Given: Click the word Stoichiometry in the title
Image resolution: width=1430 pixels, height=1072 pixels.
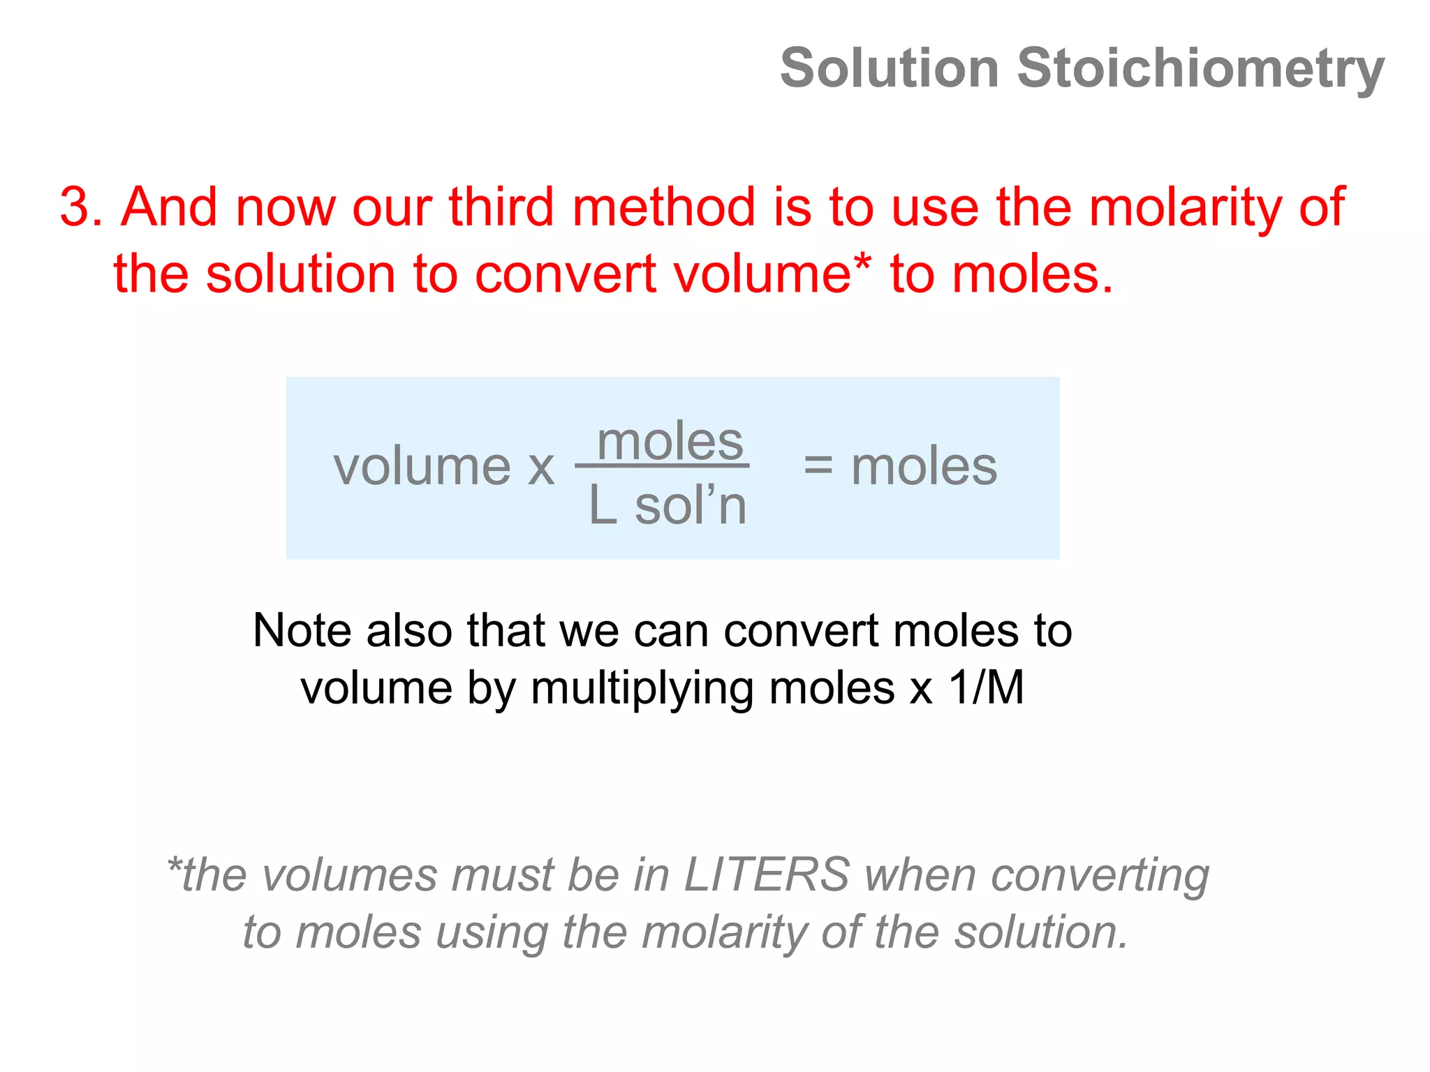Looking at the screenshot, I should (1200, 68).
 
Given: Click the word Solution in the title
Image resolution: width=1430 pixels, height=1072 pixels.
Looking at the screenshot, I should (889, 68).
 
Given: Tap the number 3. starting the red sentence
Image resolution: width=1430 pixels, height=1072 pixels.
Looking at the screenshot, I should (81, 207).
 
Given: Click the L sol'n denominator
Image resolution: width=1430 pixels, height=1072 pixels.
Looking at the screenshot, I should (667, 505).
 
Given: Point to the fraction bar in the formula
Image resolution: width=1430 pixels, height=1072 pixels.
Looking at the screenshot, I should (661, 466).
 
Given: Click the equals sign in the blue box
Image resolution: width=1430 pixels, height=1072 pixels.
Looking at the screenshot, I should (818, 466).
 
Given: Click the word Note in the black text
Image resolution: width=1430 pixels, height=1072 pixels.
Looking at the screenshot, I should (302, 630).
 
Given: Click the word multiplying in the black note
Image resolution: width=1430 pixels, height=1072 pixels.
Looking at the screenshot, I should (642, 690).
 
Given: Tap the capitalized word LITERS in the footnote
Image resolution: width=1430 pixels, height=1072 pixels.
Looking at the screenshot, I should (766, 874).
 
